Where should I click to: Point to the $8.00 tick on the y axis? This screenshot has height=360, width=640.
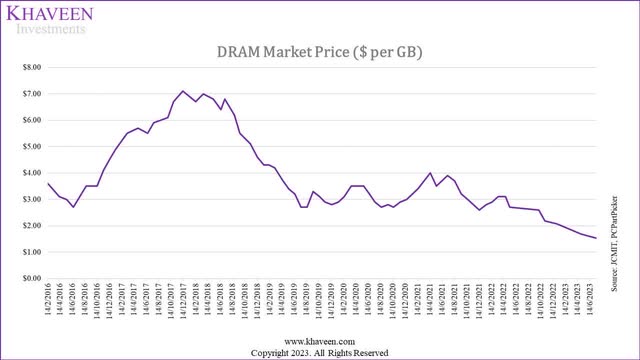click(28, 67)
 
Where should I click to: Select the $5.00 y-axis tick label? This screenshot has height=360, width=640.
click(28, 146)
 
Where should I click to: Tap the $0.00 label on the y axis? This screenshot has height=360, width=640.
click(28, 278)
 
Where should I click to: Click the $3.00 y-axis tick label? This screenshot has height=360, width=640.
click(28, 199)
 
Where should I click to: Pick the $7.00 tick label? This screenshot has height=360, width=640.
click(28, 93)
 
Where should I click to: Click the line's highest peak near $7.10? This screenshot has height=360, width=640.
click(182, 91)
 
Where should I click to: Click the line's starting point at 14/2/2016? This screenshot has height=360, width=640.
click(48, 183)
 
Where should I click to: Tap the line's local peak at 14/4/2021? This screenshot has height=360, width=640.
click(430, 173)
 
